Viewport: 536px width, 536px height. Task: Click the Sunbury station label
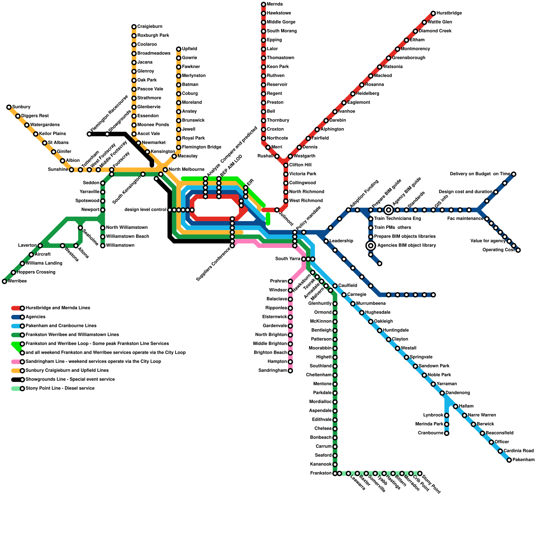[x=21, y=107]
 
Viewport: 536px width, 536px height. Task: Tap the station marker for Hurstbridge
[x=433, y=13]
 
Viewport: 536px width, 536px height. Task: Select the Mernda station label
[x=275, y=4]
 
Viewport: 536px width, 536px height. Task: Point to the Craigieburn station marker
[x=134, y=27]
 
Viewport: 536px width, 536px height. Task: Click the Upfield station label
[x=189, y=49]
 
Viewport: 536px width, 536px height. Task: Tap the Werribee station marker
[x=4, y=281]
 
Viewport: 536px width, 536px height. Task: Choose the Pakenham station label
[x=524, y=460]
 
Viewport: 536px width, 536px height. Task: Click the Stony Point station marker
[x=420, y=473]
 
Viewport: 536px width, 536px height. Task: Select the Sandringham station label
[x=273, y=371]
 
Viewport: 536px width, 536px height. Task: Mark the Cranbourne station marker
[x=447, y=433]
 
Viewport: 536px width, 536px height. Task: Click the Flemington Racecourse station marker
[x=89, y=134]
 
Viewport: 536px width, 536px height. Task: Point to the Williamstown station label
[x=120, y=246]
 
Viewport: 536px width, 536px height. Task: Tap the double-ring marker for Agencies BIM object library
[x=371, y=246]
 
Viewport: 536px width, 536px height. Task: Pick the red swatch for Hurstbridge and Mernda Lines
[x=16, y=308]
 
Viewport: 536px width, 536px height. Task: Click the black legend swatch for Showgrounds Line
[x=16, y=380]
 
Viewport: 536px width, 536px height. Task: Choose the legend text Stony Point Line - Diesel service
[x=60, y=389]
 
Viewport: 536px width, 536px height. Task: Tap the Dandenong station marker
[x=442, y=393]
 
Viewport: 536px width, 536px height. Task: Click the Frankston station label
[x=321, y=473]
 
